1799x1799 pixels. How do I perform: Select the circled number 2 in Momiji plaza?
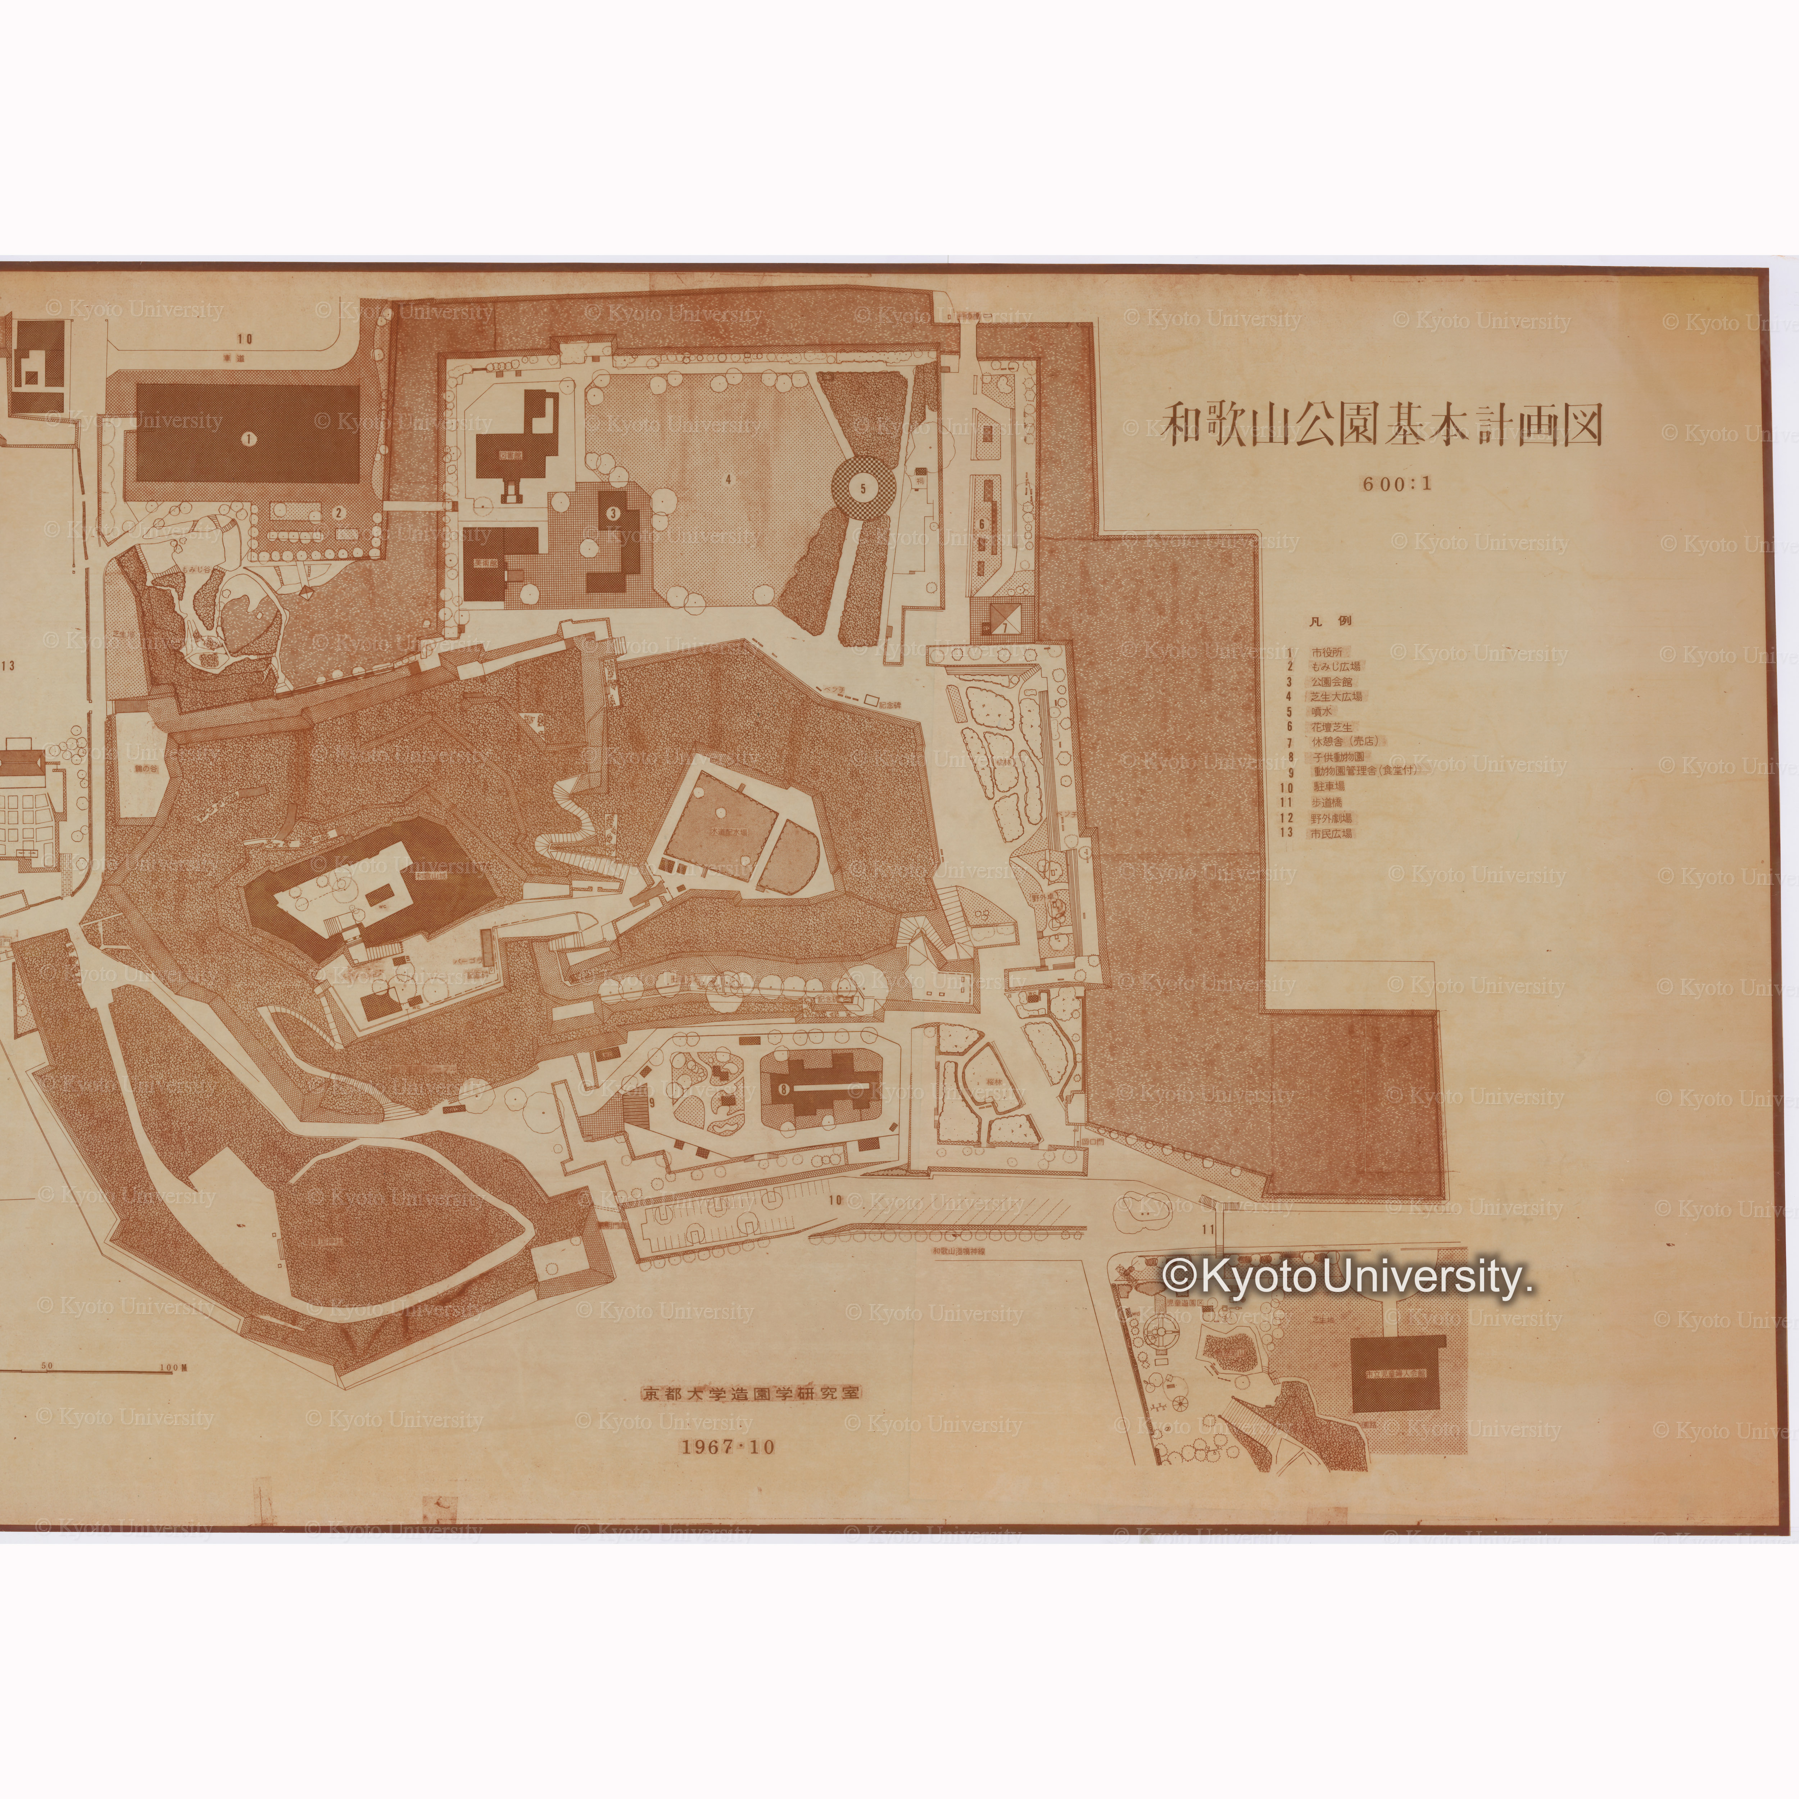pyautogui.click(x=340, y=511)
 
